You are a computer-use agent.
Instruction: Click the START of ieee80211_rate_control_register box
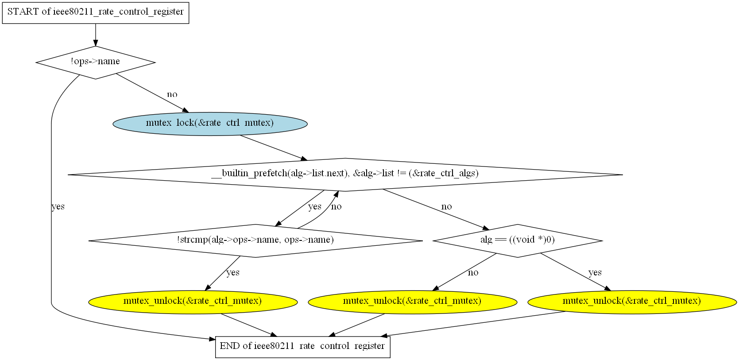(96, 13)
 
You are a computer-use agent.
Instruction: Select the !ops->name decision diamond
(96, 62)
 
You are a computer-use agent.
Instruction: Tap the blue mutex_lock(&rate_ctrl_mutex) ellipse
(210, 124)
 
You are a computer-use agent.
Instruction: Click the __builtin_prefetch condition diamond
(345, 174)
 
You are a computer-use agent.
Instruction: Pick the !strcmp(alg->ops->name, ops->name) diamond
(255, 241)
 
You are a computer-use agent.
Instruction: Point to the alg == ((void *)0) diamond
(518, 241)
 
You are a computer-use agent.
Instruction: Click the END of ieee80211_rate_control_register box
(303, 347)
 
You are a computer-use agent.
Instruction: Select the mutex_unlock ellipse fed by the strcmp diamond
(193, 302)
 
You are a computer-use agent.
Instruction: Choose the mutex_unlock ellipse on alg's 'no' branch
(412, 302)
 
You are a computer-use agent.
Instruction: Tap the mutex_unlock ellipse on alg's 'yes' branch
(632, 302)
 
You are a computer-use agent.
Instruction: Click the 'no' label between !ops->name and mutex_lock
(172, 95)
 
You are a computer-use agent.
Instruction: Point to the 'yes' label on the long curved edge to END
(58, 206)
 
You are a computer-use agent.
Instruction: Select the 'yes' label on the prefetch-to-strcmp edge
(315, 206)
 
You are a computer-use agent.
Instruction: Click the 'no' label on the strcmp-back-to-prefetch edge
(336, 207)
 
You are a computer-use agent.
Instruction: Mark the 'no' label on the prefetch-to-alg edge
(446, 207)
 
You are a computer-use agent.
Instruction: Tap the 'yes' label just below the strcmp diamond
(233, 273)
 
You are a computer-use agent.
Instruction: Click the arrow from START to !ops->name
(96, 35)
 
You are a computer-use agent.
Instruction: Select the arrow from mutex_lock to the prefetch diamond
(274, 148)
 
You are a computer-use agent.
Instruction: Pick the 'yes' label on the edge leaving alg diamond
(595, 273)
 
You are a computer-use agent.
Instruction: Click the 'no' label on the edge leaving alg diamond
(473, 273)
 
